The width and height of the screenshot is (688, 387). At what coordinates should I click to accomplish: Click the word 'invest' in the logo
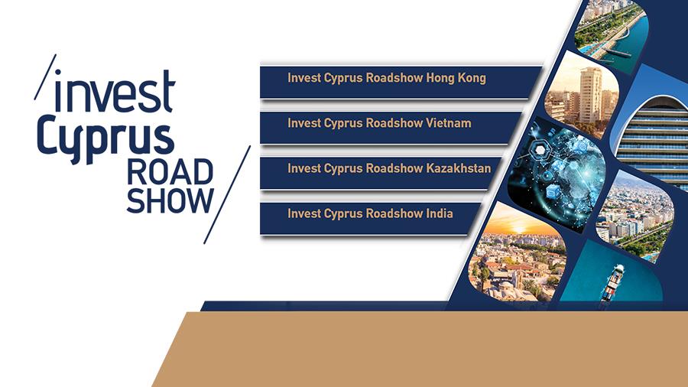tap(115, 91)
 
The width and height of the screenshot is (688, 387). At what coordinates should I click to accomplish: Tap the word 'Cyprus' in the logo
tap(105, 138)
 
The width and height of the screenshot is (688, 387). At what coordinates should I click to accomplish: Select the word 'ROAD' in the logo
tap(170, 172)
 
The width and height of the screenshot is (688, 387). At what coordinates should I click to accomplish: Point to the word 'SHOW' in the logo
tap(170, 201)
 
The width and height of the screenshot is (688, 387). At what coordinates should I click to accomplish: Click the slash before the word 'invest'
tap(45, 77)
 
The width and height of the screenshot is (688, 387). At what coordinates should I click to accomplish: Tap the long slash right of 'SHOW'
tap(227, 194)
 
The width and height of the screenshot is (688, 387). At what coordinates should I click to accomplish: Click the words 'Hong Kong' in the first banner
tap(456, 79)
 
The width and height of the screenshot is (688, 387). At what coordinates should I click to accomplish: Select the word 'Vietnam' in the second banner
tap(449, 123)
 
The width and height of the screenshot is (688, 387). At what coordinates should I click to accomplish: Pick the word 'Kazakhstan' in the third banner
tap(459, 168)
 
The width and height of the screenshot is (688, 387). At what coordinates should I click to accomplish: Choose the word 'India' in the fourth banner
tap(440, 213)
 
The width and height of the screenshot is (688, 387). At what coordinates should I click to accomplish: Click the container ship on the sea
tap(612, 281)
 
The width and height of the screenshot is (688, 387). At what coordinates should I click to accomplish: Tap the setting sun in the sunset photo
tap(518, 229)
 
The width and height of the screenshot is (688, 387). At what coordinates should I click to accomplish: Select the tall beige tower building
tap(591, 94)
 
